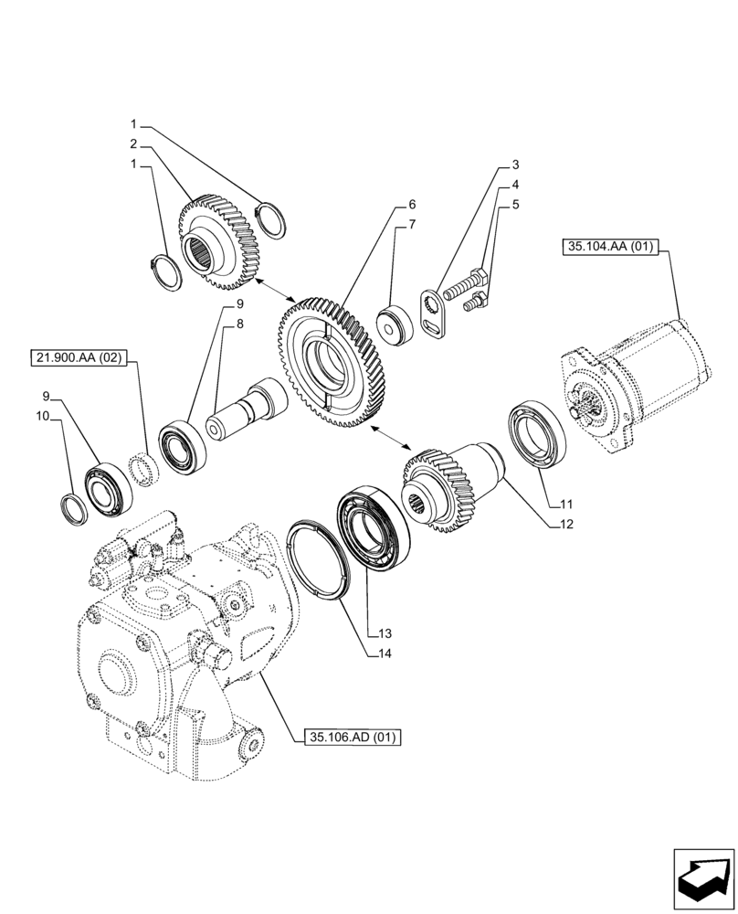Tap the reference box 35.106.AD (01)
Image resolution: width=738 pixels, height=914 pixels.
352,737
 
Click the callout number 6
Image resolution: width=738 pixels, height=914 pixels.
412,204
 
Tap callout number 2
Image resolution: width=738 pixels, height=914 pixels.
133,143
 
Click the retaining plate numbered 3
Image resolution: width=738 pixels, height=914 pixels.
430,314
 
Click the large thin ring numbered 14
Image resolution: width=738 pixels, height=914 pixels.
320,558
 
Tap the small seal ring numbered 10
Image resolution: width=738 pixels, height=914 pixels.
74,507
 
